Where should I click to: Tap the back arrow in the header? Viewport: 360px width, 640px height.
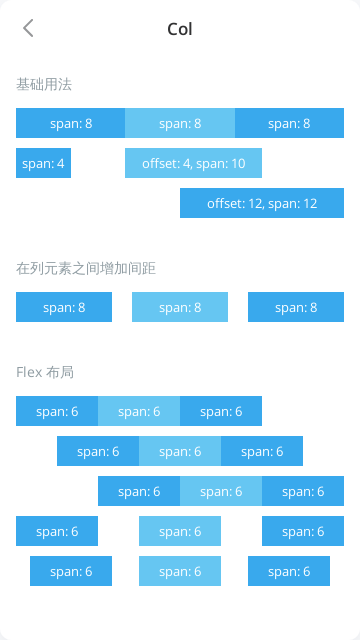pyautogui.click(x=28, y=28)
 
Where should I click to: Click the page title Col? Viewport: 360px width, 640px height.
pyautogui.click(x=180, y=29)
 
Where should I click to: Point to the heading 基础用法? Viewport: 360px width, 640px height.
pyautogui.click(x=44, y=85)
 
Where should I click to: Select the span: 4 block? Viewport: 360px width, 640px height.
pyautogui.click(x=43, y=163)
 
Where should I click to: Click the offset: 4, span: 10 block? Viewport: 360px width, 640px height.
pyautogui.click(x=193, y=163)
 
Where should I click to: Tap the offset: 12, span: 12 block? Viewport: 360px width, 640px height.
pyautogui.click(x=262, y=203)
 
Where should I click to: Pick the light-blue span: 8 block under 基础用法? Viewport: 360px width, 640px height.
pyautogui.click(x=180, y=123)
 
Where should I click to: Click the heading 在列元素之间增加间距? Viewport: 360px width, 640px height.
pyautogui.click(x=86, y=268)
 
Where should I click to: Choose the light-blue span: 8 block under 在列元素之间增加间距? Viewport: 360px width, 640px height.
pyautogui.click(x=180, y=307)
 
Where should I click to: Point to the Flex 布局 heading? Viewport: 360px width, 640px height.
pyautogui.click(x=45, y=372)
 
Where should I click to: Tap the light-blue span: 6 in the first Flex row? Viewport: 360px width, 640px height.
pyautogui.click(x=139, y=411)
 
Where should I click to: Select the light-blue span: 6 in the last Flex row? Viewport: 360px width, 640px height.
pyautogui.click(x=180, y=571)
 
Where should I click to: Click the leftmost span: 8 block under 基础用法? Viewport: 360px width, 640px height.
pyautogui.click(x=70, y=123)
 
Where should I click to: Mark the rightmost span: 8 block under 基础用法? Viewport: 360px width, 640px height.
pyautogui.click(x=289, y=123)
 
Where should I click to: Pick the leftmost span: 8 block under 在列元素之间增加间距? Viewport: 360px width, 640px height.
pyautogui.click(x=64, y=307)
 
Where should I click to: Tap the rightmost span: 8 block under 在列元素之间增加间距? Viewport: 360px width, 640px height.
pyautogui.click(x=296, y=307)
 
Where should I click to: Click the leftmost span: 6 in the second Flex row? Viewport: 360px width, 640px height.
pyautogui.click(x=98, y=451)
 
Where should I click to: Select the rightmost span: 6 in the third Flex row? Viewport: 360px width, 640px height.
pyautogui.click(x=303, y=491)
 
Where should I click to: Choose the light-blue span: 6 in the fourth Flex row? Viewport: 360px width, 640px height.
pyautogui.click(x=180, y=531)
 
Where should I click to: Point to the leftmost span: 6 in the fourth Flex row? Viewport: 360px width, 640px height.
pyautogui.click(x=57, y=531)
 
